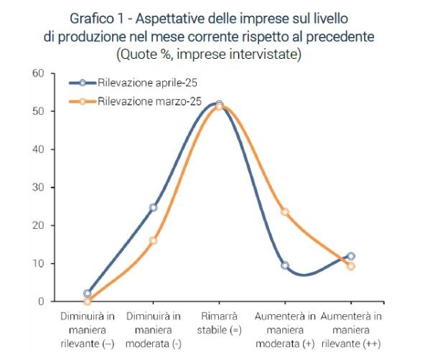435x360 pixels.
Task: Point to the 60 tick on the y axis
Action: (38, 73)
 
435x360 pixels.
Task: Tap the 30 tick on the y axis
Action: (38, 187)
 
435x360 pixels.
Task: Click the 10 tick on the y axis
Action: (38, 263)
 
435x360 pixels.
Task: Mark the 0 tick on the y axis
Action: (41, 301)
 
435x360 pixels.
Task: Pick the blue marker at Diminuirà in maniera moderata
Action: (153, 207)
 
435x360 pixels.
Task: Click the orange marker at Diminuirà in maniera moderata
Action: (153, 240)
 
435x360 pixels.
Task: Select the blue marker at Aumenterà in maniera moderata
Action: (285, 265)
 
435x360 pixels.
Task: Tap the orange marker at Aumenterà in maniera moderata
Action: (285, 212)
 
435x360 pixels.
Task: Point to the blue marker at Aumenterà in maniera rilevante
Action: (350, 256)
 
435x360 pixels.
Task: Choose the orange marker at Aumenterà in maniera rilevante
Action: (350, 266)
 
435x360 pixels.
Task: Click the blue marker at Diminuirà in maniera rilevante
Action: (88, 293)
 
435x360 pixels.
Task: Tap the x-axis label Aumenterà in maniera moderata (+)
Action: (285, 329)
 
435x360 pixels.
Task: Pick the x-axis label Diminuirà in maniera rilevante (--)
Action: (88, 329)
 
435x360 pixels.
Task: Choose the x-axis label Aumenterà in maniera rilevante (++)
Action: (350, 329)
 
